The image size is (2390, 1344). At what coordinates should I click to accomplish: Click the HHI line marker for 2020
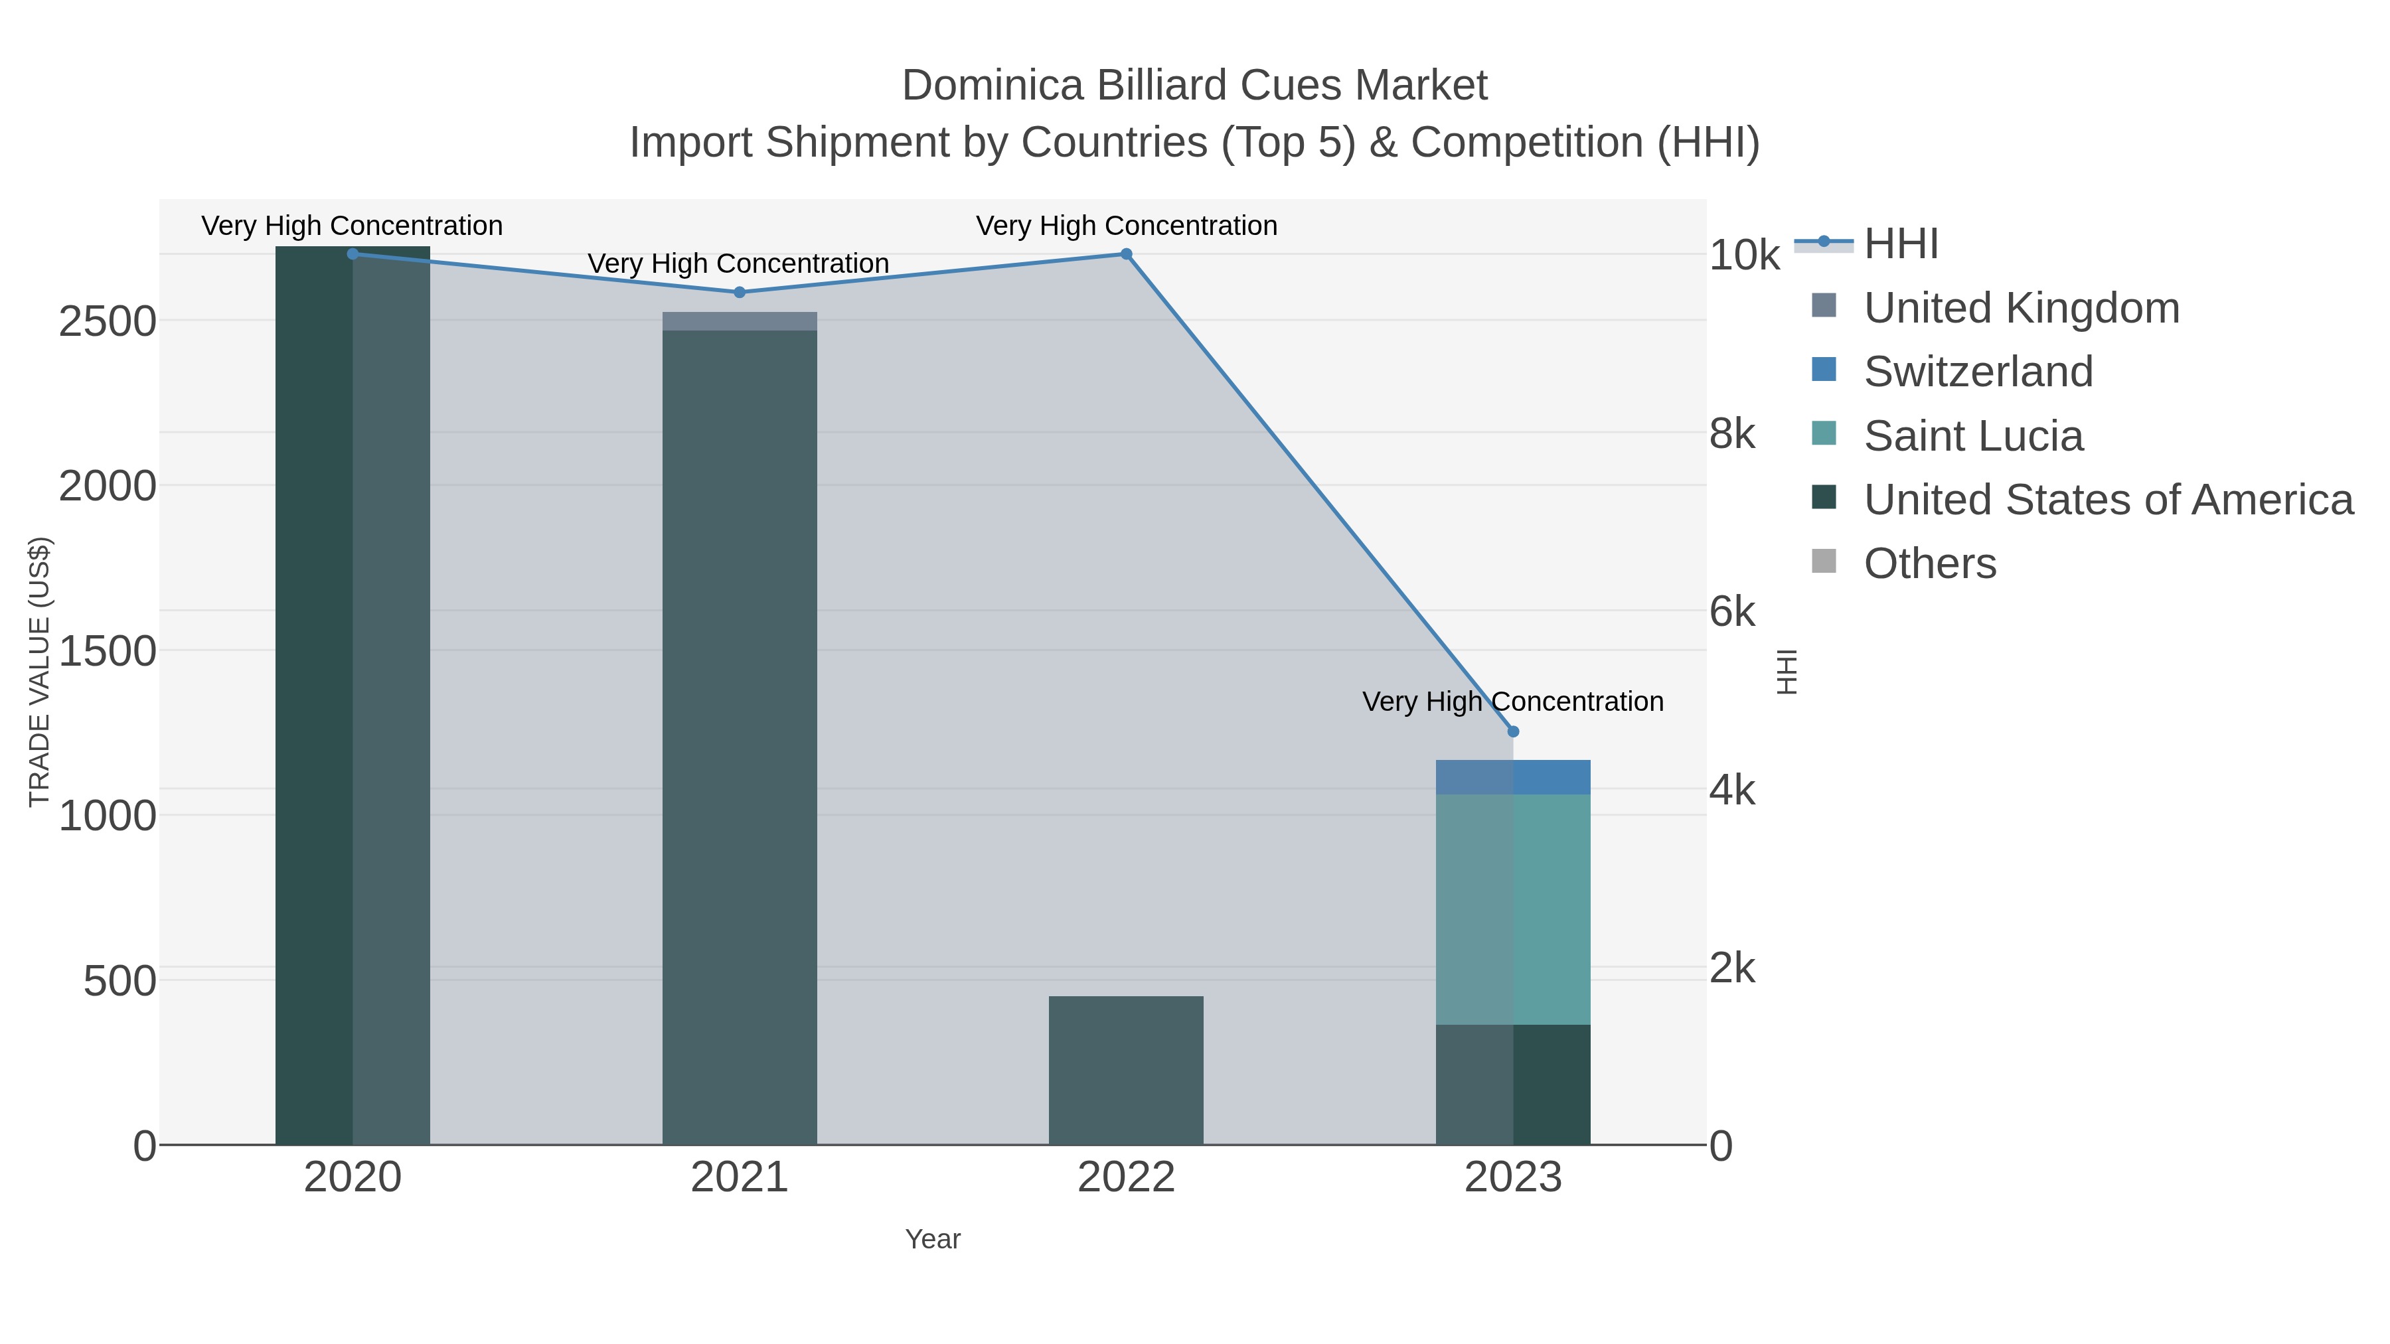pyautogui.click(x=353, y=254)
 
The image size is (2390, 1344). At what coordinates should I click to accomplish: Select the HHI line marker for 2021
pyautogui.click(x=740, y=292)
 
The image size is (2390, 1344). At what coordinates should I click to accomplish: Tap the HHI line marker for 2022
pyautogui.click(x=1127, y=254)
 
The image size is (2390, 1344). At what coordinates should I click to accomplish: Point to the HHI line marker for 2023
pyautogui.click(x=1513, y=732)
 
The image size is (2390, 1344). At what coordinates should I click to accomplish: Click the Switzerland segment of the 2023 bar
pyautogui.click(x=1513, y=777)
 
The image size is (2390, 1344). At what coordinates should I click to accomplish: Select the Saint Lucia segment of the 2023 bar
pyautogui.click(x=1513, y=909)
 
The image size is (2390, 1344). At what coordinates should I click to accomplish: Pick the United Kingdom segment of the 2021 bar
pyautogui.click(x=740, y=321)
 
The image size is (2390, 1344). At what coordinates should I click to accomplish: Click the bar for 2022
pyautogui.click(x=1127, y=1071)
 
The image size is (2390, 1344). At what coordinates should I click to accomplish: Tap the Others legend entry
pyautogui.click(x=1930, y=564)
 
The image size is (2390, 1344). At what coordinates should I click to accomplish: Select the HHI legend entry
pyautogui.click(x=1900, y=244)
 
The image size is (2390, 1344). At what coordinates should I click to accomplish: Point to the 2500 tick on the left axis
pyautogui.click(x=108, y=322)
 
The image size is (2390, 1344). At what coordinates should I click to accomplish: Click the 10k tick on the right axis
pyautogui.click(x=1744, y=255)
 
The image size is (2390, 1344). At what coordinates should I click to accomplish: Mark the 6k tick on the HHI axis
pyautogui.click(x=1732, y=612)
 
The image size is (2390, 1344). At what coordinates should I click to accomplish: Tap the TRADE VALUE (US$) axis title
pyautogui.click(x=39, y=672)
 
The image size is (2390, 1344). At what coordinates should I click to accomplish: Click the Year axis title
pyautogui.click(x=933, y=1239)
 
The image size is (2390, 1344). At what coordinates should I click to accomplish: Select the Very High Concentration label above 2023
pyautogui.click(x=1512, y=702)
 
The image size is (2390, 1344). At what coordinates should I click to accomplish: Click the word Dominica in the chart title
pyautogui.click(x=992, y=86)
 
